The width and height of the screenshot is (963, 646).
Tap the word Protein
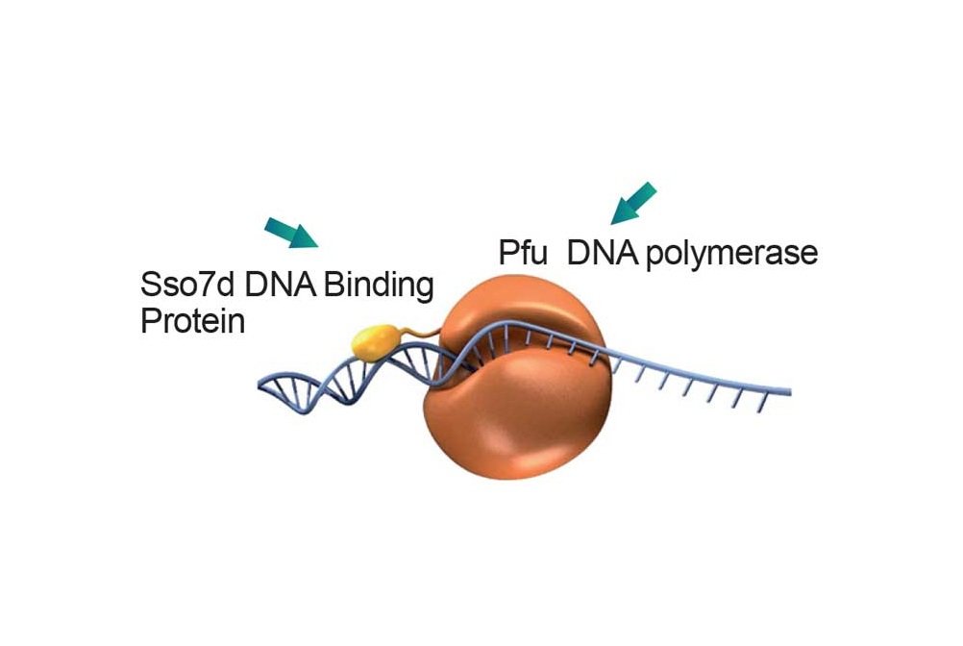click(x=193, y=321)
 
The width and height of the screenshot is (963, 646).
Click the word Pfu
click(x=523, y=253)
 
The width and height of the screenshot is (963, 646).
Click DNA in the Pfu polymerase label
click(x=604, y=253)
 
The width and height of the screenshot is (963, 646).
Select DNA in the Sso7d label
click(x=280, y=285)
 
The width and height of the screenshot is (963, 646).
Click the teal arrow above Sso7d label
click(x=291, y=233)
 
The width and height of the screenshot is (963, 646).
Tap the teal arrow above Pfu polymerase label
click(x=633, y=203)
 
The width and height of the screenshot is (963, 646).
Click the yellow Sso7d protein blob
click(x=375, y=341)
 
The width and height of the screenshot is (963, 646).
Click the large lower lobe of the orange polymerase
click(x=517, y=417)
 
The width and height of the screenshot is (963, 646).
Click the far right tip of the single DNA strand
click(x=790, y=391)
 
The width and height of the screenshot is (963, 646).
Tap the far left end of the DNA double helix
click(x=259, y=385)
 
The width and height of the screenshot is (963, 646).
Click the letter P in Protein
click(x=150, y=321)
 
